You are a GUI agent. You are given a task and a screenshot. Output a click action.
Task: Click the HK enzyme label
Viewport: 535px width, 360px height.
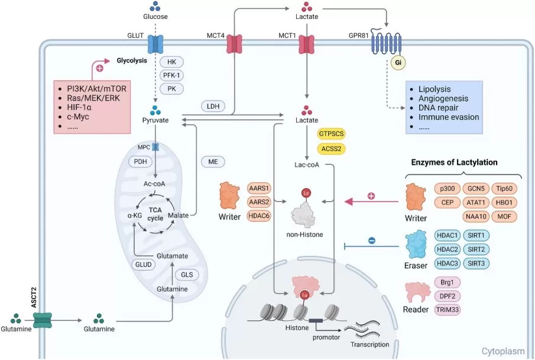click(171, 62)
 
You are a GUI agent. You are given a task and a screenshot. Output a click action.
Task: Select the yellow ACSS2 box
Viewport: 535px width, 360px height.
click(335, 148)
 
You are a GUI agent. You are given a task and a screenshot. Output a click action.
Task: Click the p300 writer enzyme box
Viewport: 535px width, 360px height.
click(448, 189)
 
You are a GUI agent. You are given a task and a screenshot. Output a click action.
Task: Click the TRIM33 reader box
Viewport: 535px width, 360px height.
click(448, 310)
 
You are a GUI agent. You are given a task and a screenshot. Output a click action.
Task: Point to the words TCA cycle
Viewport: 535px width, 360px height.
click(155, 213)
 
